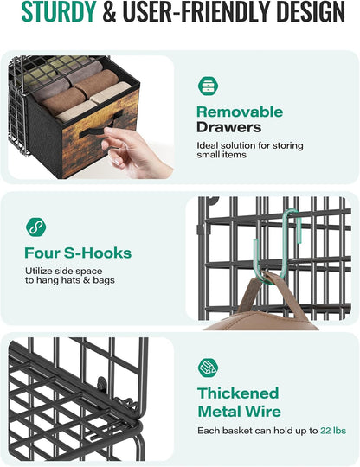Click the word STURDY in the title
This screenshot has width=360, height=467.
[58, 12]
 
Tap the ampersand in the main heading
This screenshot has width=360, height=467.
[109, 12]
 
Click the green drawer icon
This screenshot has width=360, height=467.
[208, 86]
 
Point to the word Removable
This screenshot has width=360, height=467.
[240, 112]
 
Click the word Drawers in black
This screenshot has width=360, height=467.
[228, 127]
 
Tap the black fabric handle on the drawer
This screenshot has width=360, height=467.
[100, 126]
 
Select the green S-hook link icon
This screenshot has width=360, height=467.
[36, 227]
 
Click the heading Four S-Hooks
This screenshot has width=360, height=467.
[78, 253]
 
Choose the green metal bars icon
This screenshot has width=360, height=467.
[208, 368]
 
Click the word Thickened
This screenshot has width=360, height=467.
[238, 393]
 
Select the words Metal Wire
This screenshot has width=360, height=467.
[240, 412]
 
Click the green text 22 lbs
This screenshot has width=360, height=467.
[333, 431]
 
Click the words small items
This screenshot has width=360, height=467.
[222, 155]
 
